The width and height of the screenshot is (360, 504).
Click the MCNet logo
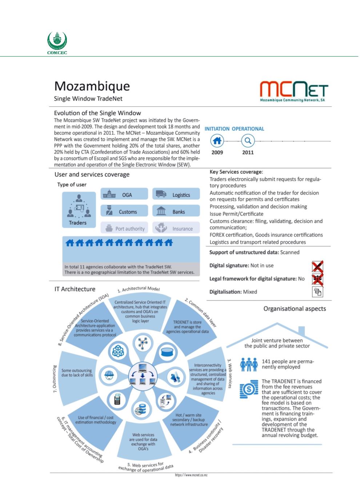[294, 91]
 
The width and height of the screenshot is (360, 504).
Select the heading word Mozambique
[92, 86]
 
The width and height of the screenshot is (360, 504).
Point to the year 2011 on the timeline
[248, 152]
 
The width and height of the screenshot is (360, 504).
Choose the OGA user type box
[124, 195]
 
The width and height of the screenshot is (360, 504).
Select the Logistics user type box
[176, 195]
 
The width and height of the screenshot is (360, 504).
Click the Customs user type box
[124, 211]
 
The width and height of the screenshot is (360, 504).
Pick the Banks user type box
[176, 211]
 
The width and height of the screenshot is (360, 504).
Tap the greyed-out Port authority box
[124, 229]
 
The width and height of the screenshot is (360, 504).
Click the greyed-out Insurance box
[176, 229]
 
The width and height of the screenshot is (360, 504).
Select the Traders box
[78, 210]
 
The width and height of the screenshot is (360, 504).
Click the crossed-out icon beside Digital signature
[317, 266]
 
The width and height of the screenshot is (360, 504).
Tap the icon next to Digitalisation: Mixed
[317, 292]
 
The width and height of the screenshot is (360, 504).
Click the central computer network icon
[142, 375]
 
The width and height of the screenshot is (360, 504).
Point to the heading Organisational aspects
[295, 309]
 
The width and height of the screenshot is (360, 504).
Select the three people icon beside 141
[249, 364]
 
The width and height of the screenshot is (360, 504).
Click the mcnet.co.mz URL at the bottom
[191, 475]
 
